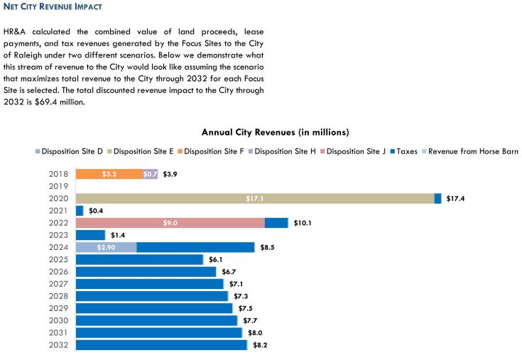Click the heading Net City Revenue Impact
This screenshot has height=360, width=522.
52,6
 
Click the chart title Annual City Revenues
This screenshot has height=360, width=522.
275,132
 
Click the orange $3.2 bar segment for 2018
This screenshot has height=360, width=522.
109,174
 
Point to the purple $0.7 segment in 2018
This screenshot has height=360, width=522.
150,174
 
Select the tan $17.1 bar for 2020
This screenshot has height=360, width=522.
254,199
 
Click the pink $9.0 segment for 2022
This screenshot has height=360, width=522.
170,223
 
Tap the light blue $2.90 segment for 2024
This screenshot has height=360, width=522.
106,247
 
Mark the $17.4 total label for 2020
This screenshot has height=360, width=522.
456,199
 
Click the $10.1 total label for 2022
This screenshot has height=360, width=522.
303,223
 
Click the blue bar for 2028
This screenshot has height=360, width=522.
151,296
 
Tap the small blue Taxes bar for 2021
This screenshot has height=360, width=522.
79,211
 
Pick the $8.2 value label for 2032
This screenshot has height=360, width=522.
260,345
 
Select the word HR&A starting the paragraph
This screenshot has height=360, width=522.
17,32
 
